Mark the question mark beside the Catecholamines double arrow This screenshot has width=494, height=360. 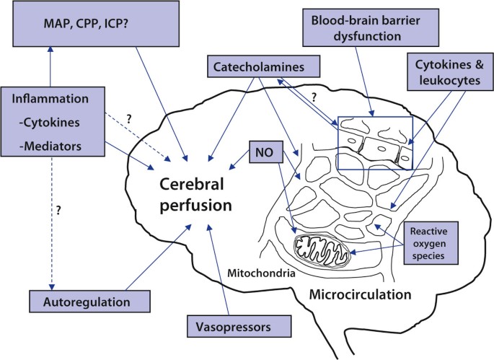coord(313,97)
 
